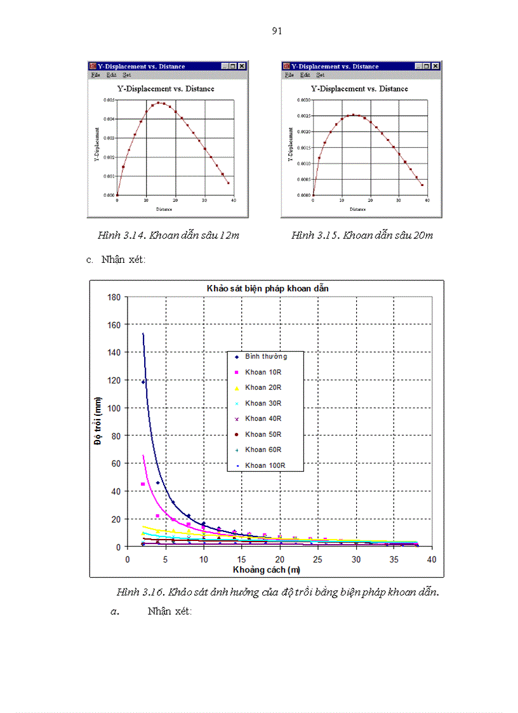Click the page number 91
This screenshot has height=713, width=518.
pos(277,31)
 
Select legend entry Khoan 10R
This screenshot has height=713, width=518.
pos(263,372)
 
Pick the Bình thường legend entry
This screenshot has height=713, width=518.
pos(266,356)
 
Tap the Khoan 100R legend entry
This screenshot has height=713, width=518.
pos(265,465)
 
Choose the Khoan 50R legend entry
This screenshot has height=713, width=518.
pos(263,434)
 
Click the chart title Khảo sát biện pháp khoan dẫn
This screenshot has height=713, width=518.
pos(267,288)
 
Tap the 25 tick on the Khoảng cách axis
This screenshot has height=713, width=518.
pos(317,559)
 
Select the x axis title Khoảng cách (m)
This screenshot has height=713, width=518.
pos(266,570)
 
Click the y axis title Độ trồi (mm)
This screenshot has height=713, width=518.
pos(98,422)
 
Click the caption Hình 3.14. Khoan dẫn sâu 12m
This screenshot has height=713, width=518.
pos(168,236)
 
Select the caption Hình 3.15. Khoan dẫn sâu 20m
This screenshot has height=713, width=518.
pos(362,236)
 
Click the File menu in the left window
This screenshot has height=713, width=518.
pos(95,75)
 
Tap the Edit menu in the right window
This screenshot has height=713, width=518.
pos(305,75)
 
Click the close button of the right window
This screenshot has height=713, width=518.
pos(435,66)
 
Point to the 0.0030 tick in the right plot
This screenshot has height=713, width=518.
pos(303,100)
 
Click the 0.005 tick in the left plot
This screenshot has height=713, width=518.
pos(109,100)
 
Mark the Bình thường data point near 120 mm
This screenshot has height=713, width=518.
pos(143,382)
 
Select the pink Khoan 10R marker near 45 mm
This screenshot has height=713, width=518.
pos(143,484)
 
